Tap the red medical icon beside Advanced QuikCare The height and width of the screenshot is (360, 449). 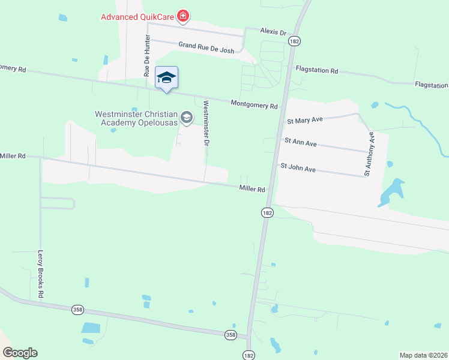184,16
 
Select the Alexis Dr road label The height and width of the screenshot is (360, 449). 273,31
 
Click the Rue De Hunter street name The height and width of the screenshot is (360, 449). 146,55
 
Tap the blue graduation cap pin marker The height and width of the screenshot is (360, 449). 166,78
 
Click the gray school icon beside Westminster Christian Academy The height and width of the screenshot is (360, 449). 187,118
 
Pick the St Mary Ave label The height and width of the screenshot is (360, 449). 305,119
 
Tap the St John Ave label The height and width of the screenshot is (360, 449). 298,169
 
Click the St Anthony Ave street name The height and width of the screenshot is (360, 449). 369,154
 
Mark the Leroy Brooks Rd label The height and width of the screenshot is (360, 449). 41,274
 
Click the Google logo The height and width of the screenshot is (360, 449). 20,353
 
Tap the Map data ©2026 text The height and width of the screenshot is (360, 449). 423,355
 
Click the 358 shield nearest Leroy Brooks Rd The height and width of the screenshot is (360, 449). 77,310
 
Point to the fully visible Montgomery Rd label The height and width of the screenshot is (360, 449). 255,104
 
